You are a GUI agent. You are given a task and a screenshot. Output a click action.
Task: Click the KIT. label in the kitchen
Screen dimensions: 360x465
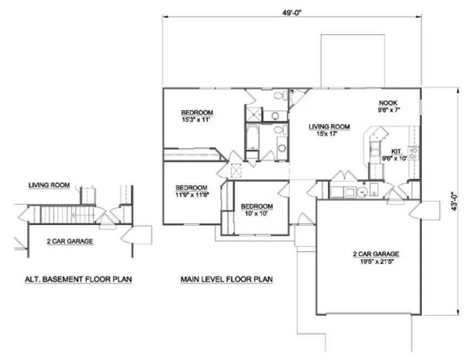click(396, 152)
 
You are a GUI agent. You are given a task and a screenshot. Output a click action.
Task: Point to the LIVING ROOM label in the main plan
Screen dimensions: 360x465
click(329, 127)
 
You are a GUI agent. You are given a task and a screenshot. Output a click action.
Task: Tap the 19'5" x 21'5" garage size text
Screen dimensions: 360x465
click(376, 261)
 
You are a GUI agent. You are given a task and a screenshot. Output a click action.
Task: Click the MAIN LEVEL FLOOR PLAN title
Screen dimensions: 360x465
click(227, 279)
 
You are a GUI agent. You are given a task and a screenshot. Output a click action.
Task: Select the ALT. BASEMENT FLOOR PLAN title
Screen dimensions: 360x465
click(79, 279)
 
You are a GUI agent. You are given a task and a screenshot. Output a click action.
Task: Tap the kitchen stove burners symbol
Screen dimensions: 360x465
click(413, 153)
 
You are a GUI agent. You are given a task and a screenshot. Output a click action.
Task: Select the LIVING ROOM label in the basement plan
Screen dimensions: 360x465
click(49, 185)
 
